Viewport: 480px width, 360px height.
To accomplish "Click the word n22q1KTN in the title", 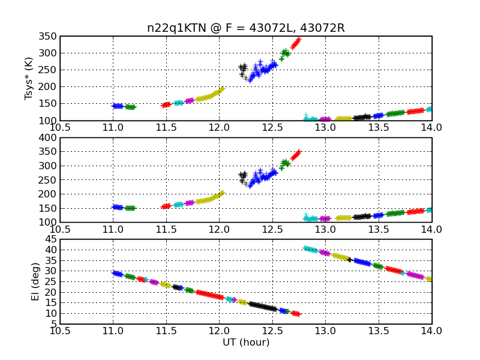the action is (x=176, y=28).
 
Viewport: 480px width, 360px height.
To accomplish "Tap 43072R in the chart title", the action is (x=322, y=28).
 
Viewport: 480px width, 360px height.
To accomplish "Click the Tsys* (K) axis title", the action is (x=28, y=79).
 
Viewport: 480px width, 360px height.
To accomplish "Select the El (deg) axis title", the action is (x=35, y=281).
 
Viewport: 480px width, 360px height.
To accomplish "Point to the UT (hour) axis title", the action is (x=246, y=342).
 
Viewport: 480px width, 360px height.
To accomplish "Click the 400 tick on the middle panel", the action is (x=47, y=138).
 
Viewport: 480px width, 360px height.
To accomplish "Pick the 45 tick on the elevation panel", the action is (x=51, y=239).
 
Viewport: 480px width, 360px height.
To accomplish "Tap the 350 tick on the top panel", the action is (x=47, y=37).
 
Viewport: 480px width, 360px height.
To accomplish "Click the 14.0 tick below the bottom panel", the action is (x=431, y=331).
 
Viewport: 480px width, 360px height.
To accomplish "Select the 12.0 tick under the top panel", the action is (x=219, y=127).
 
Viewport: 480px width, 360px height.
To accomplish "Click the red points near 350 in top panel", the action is (x=296, y=43).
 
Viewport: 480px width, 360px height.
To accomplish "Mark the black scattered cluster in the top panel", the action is (x=244, y=71).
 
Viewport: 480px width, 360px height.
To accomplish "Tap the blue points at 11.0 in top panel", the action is (x=118, y=106).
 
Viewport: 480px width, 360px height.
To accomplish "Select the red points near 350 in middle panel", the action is (x=296, y=155).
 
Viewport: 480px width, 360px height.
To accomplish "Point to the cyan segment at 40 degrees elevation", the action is (x=311, y=250).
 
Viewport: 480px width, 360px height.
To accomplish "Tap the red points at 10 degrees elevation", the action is (x=296, y=313).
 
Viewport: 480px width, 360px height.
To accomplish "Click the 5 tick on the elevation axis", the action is (x=54, y=324).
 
